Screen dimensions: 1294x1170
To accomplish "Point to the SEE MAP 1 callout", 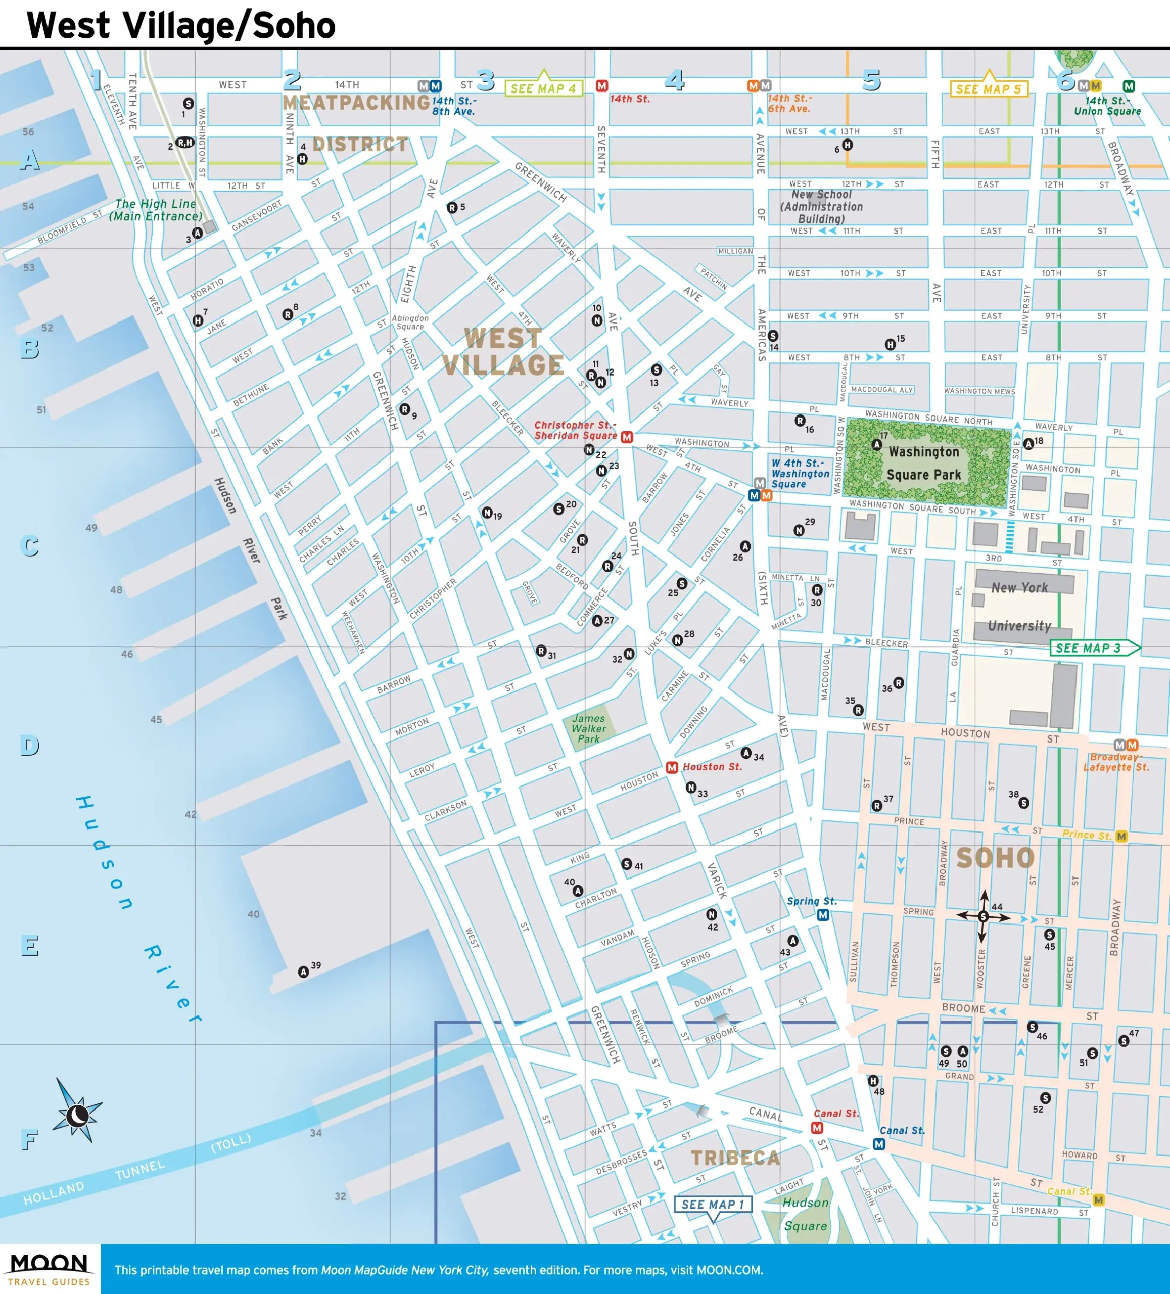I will point(713,1204).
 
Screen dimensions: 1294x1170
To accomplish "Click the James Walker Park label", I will point(588,728).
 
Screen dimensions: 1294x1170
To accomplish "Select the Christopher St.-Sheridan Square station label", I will point(575,430).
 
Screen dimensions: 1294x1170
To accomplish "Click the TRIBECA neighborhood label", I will point(735,1158).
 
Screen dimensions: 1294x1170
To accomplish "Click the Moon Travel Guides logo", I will point(50,1269).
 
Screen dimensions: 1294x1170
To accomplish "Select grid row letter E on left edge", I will point(29,945).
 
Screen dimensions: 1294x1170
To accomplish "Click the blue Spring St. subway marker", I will point(823,915).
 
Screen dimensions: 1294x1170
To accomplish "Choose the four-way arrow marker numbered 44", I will point(983,916).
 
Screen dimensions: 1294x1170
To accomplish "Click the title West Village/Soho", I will point(181,26).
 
